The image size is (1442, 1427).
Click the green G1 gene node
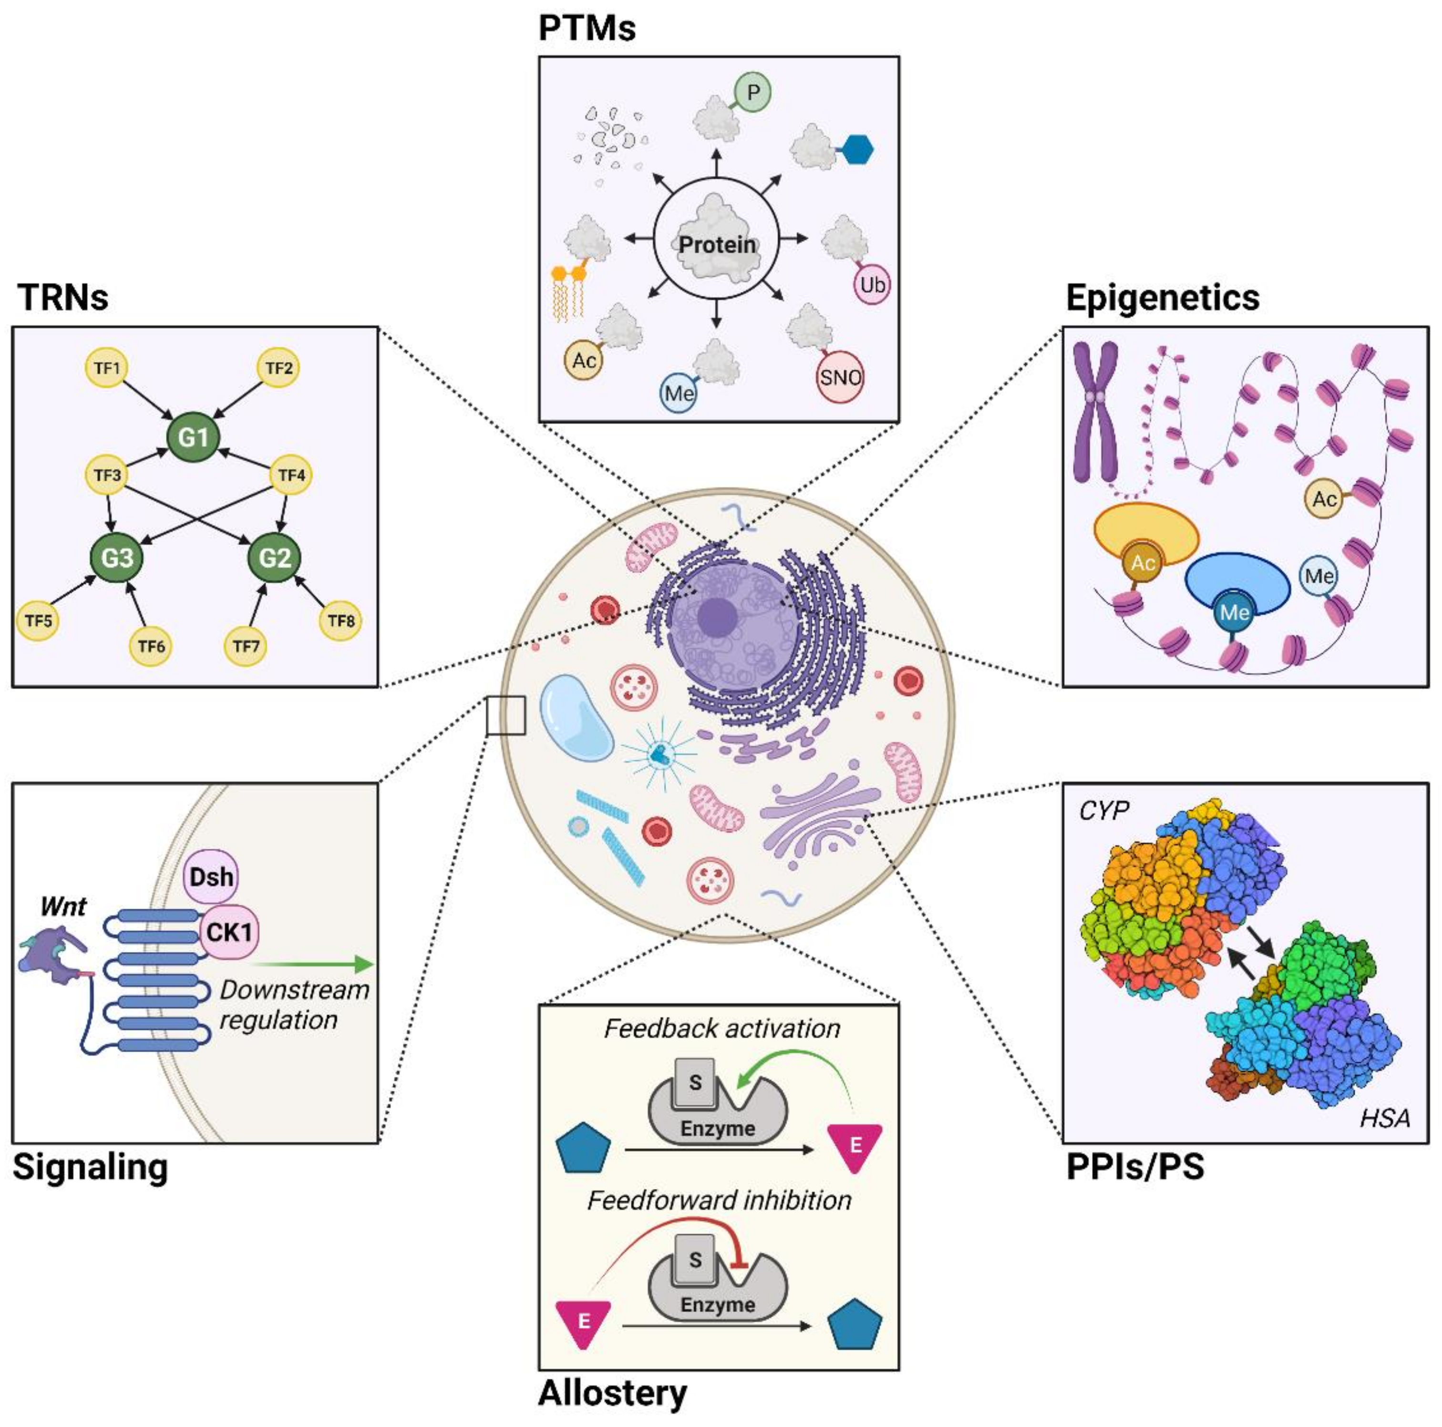(x=193, y=436)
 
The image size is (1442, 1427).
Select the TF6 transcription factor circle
(x=151, y=646)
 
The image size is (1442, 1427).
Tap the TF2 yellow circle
(x=278, y=368)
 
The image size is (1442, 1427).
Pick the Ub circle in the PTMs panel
(x=872, y=285)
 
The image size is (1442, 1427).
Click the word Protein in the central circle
(x=717, y=245)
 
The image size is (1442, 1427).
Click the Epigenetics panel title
(x=1162, y=298)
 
